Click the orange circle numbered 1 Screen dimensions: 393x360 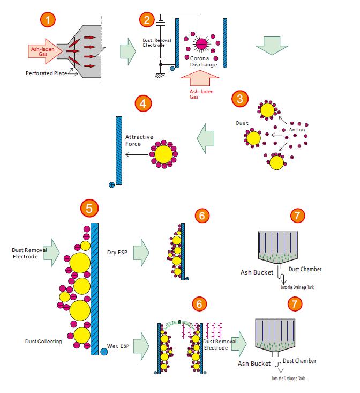point(49,20)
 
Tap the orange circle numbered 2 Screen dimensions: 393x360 point(146,20)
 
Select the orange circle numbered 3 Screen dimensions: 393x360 point(239,98)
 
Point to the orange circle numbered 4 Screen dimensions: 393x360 point(141,103)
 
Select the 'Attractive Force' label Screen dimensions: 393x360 point(139,140)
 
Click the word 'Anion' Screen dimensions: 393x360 point(298,129)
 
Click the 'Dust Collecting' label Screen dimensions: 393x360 point(42,341)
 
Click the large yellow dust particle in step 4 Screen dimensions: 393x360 point(164,154)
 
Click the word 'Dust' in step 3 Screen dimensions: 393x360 point(242,123)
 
